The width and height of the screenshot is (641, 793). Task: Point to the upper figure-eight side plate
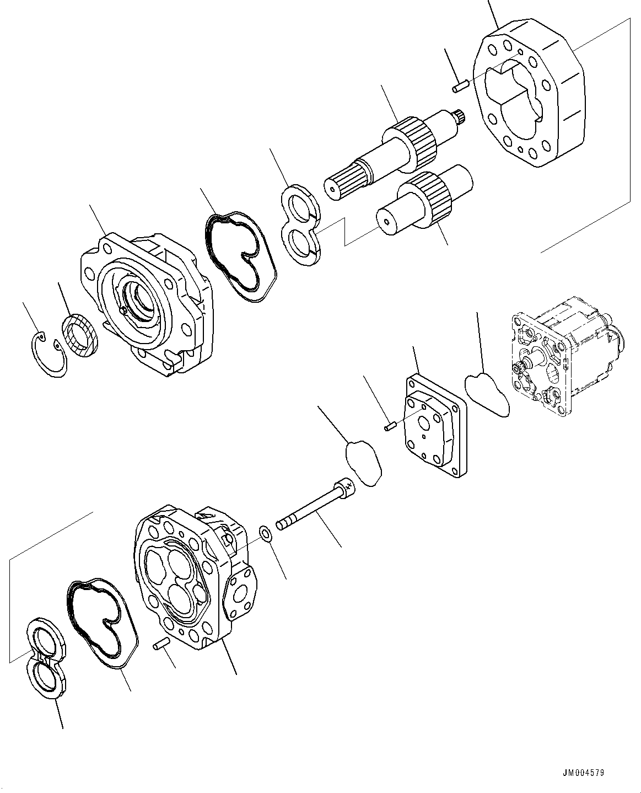pyautogui.click(x=301, y=225)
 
